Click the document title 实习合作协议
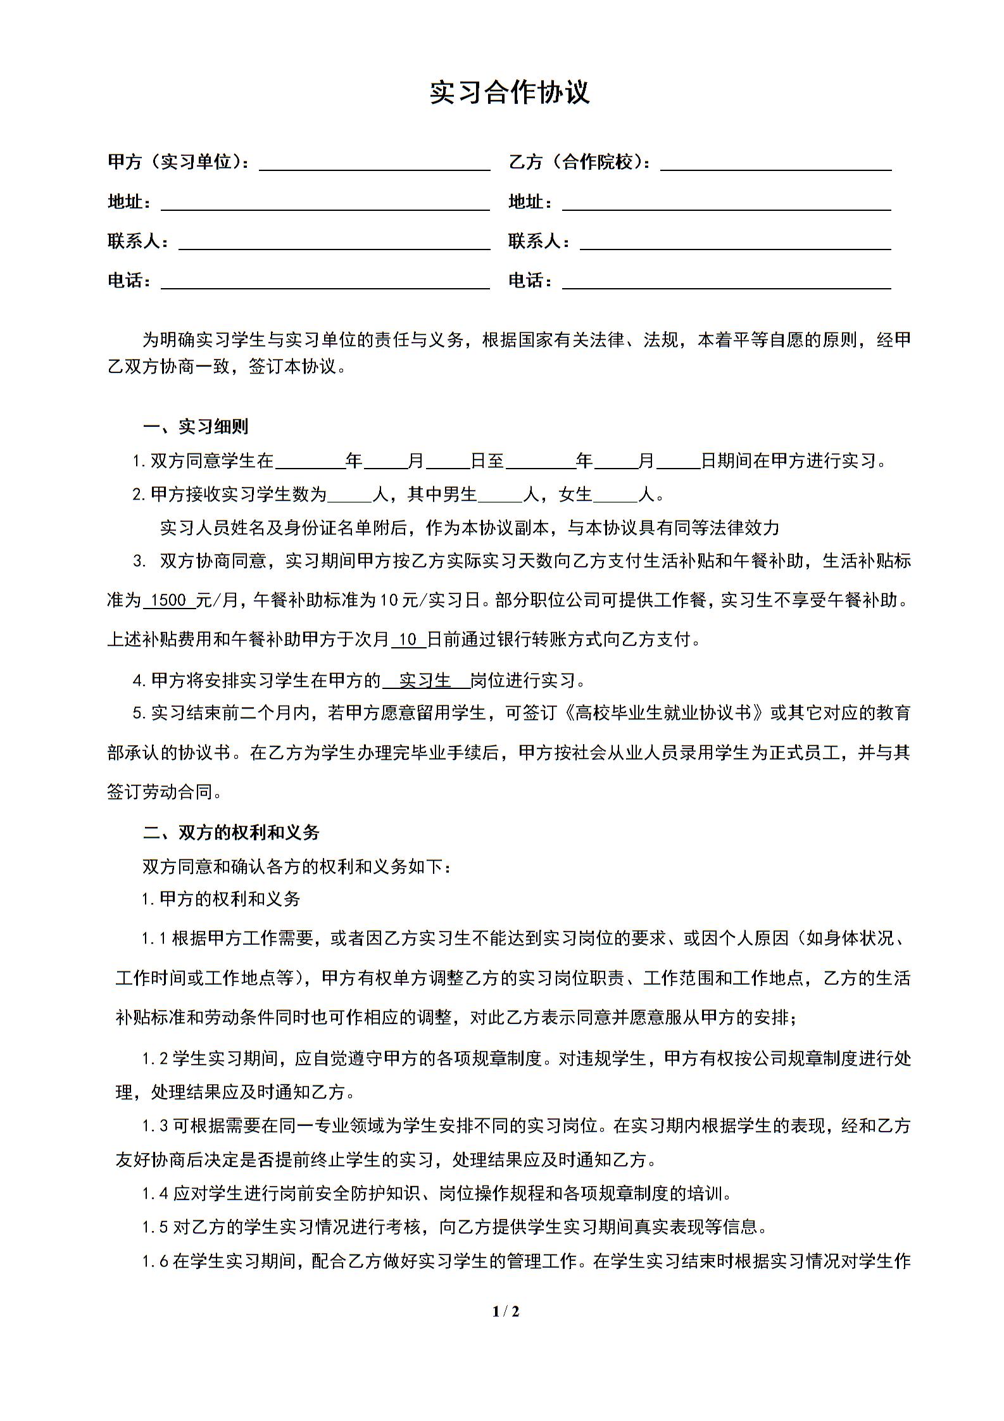(x=510, y=92)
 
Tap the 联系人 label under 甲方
(x=138, y=241)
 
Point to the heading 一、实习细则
(x=196, y=427)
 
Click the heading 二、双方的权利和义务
(x=231, y=833)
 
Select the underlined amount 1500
(x=169, y=600)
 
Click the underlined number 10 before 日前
(x=408, y=640)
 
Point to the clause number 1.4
(x=155, y=1194)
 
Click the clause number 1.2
(x=155, y=1058)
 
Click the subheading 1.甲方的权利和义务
(x=221, y=899)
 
